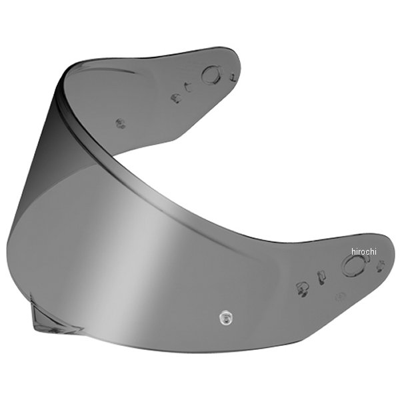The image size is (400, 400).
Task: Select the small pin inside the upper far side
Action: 121,123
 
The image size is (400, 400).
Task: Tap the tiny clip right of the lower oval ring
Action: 380,266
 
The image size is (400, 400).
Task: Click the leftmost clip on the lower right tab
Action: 301,288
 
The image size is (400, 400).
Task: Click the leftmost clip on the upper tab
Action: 175,98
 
